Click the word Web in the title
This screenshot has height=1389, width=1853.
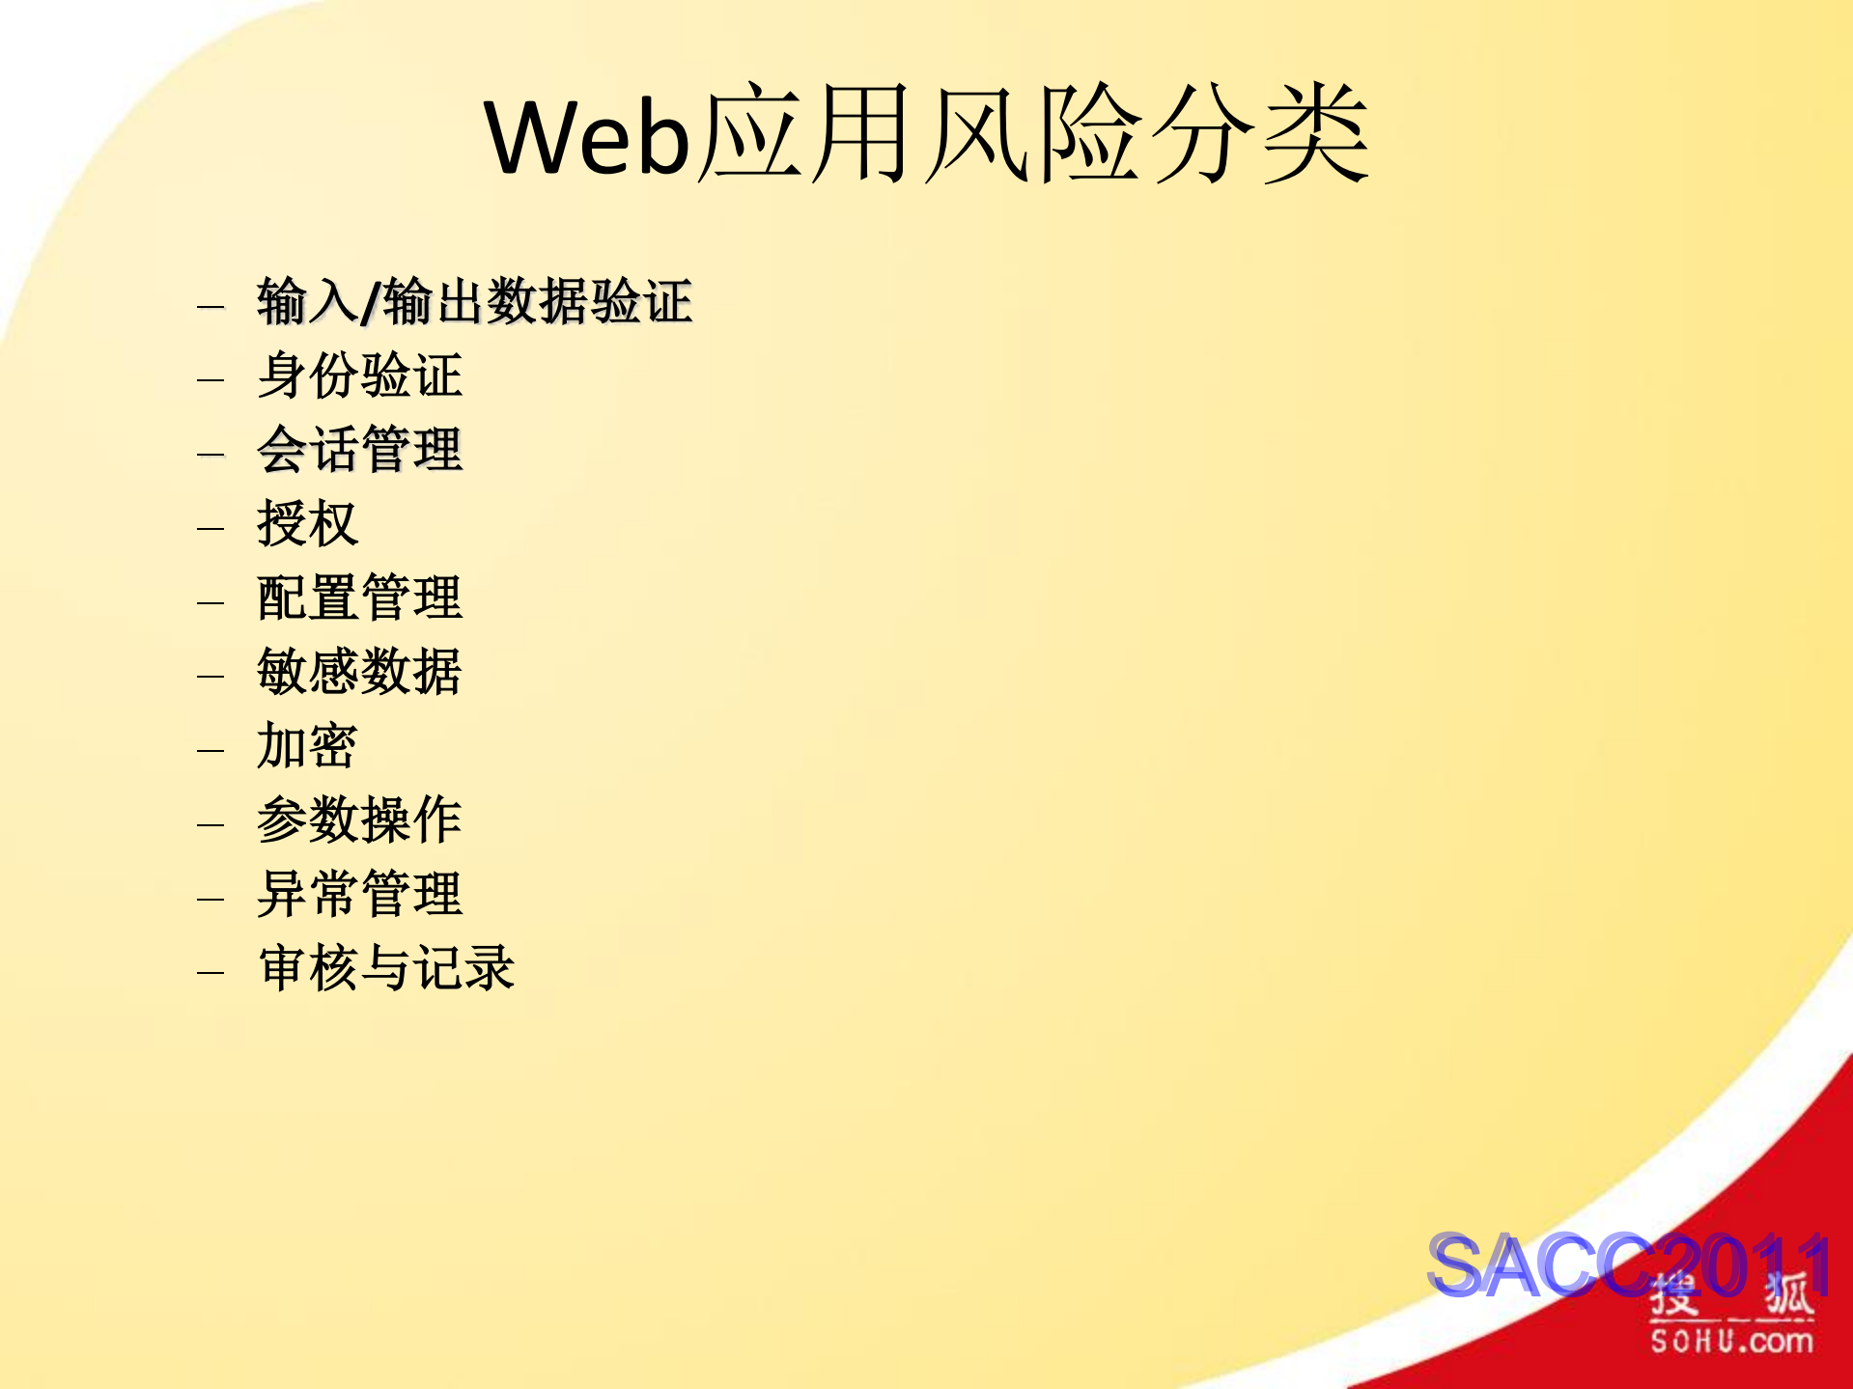click(587, 137)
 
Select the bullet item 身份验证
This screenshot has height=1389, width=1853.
click(359, 375)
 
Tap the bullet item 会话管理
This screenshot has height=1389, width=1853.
click(359, 450)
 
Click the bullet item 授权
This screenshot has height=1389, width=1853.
click(307, 524)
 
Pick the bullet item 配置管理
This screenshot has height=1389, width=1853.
click(359, 598)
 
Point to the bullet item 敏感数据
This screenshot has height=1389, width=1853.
click(359, 672)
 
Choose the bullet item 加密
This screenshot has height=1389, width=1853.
click(307, 746)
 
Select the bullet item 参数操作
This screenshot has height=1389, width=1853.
click(359, 820)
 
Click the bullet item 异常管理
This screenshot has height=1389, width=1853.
click(359, 895)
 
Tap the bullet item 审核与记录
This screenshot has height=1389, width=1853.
click(386, 968)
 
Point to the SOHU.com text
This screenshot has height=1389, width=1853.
click(1731, 1341)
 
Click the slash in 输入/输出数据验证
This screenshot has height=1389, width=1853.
click(371, 303)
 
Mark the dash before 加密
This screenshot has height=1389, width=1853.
click(211, 750)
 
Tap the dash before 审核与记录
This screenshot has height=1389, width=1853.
click(211, 972)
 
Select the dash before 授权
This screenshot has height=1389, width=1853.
click(211, 528)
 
